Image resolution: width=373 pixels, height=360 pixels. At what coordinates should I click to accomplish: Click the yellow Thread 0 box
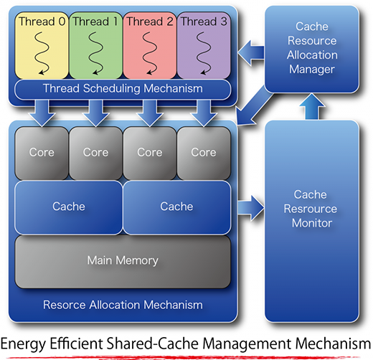(42, 45)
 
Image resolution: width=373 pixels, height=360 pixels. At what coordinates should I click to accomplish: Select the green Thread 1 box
(95, 45)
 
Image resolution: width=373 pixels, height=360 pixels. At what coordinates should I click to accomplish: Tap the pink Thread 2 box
(150, 45)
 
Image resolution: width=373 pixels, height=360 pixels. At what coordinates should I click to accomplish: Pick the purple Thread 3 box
(204, 45)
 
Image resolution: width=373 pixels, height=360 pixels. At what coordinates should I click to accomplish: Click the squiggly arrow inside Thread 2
(150, 53)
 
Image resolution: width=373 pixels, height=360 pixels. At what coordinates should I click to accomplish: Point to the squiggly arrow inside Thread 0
(42, 53)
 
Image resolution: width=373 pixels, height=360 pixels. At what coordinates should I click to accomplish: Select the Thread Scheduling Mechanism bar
(123, 89)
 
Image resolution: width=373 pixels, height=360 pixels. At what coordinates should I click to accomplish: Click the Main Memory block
(123, 261)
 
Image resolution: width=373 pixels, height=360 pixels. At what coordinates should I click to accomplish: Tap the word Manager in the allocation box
(312, 70)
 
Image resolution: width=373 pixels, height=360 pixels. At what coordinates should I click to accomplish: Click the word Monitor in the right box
(312, 223)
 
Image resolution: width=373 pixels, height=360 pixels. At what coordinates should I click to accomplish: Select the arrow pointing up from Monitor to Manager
(312, 106)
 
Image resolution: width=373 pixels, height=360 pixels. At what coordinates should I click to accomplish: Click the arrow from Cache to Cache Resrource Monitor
(250, 208)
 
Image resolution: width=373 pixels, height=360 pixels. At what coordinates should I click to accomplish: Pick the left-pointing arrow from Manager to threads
(251, 53)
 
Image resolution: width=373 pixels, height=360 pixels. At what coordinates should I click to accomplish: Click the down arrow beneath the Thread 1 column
(96, 113)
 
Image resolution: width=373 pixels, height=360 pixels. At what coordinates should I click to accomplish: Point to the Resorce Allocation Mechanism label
(123, 305)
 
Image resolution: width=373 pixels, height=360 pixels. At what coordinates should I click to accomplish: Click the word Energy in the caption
(23, 344)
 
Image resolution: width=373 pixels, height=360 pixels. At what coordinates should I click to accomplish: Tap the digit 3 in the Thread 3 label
(224, 22)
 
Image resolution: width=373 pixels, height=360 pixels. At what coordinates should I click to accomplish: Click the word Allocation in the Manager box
(312, 55)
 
